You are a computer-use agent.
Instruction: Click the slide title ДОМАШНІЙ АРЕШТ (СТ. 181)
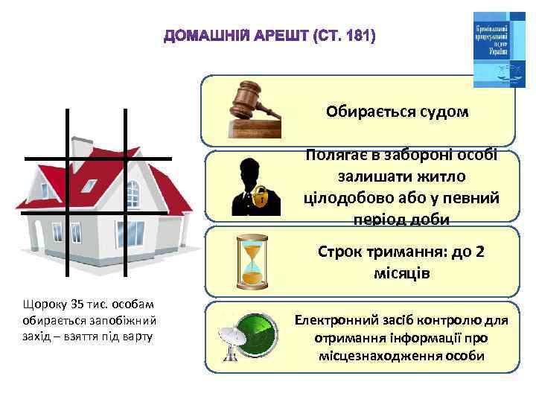tap(270, 36)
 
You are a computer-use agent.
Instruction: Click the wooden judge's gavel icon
tap(253, 110)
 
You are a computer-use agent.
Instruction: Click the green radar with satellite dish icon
tap(250, 336)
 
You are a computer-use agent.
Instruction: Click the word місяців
tap(401, 273)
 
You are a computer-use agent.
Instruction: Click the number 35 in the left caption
tap(77, 304)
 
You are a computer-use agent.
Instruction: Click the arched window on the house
tap(133, 194)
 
